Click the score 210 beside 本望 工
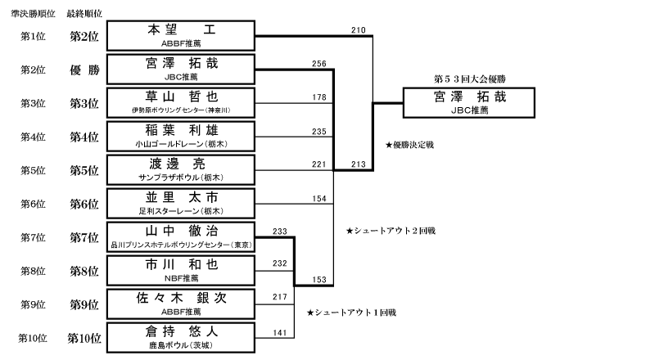[x=359, y=30]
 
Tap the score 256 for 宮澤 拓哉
[x=319, y=64]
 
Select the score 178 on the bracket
[x=319, y=97]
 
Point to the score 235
[x=319, y=132]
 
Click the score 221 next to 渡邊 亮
[x=319, y=164]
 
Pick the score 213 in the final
[x=359, y=164]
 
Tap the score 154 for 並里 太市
[x=319, y=199]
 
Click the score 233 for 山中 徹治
[x=280, y=232]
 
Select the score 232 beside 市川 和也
[x=280, y=263]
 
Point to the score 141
[x=280, y=333]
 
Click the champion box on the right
[x=469, y=103]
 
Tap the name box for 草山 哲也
[x=181, y=103]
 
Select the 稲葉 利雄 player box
[x=181, y=136]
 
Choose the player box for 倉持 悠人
[x=181, y=337]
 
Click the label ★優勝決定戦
[x=410, y=145]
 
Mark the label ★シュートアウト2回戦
[x=391, y=231]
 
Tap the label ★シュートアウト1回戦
[x=351, y=313]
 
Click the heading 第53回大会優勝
[x=470, y=79]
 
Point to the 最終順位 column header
[x=84, y=14]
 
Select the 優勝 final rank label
[x=85, y=70]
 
